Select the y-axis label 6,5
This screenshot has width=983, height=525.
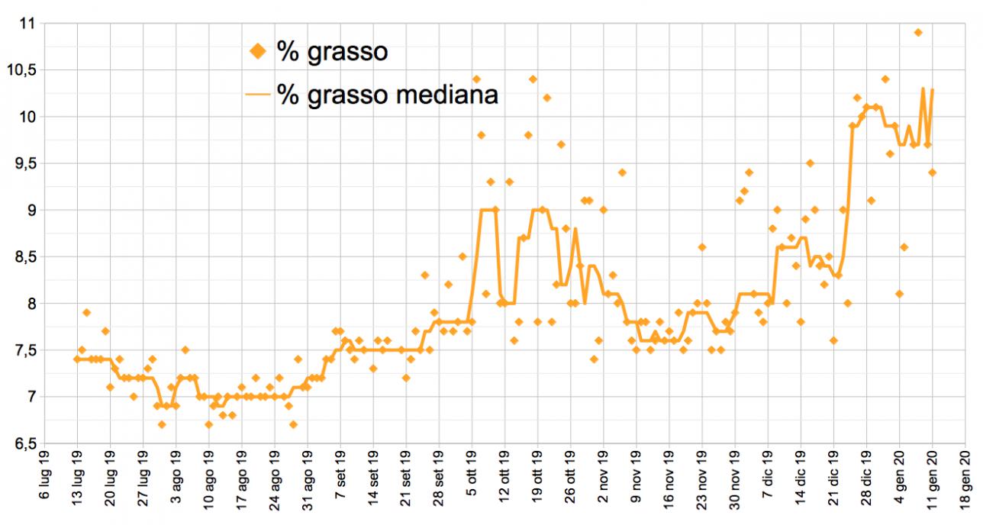tap(24, 444)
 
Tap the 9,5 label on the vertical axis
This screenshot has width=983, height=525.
tap(24, 163)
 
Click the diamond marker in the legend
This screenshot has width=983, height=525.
tap(259, 52)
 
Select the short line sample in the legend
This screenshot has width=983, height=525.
tap(259, 95)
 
